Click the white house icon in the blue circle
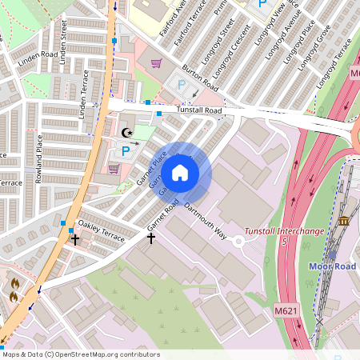tap(180, 172)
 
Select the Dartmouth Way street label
tap(206, 220)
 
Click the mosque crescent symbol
tap(125, 133)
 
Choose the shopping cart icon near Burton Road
tap(156, 63)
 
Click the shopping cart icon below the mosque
tap(114, 168)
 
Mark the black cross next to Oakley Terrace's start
tap(75, 238)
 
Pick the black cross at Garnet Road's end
tap(150, 238)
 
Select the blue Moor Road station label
tap(334, 266)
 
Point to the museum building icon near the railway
tap(344, 220)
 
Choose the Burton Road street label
tap(200, 77)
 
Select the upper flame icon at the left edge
tap(14, 282)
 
